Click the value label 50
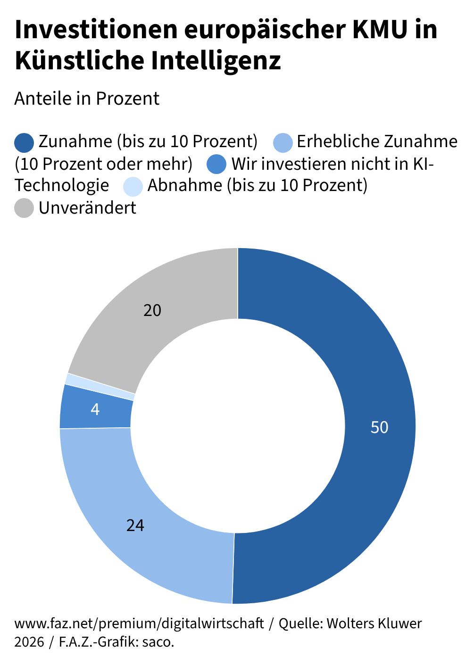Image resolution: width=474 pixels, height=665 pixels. click(x=379, y=427)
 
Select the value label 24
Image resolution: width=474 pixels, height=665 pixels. click(x=135, y=525)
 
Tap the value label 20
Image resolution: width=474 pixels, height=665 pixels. click(x=152, y=310)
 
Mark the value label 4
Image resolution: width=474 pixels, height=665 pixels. click(x=95, y=409)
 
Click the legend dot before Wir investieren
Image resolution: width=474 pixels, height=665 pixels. click(x=217, y=165)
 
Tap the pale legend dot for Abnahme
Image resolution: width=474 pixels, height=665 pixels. click(x=133, y=186)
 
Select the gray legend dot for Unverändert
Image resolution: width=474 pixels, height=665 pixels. click(x=24, y=208)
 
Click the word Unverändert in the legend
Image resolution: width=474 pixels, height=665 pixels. click(x=88, y=208)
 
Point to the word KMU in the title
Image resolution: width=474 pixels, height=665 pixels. click(x=380, y=29)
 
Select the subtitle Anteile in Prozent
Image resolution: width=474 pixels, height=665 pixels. click(x=87, y=99)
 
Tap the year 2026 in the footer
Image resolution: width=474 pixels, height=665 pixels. click(x=29, y=642)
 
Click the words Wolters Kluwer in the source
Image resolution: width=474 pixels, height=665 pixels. click(x=374, y=623)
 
